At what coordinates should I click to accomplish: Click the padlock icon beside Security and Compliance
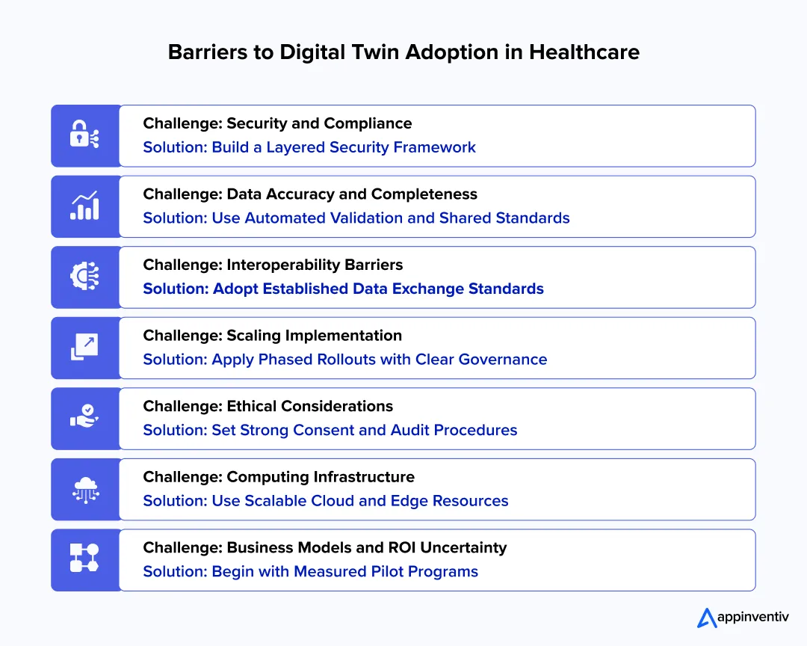[x=84, y=135]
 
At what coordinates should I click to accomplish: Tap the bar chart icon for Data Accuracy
[x=84, y=206]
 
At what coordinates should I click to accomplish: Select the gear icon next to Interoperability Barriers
[x=84, y=277]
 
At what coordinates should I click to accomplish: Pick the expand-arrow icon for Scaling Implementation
[x=84, y=348]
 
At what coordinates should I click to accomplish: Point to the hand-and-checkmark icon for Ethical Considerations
[x=84, y=418]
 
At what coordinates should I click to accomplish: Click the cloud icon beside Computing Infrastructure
[x=84, y=489]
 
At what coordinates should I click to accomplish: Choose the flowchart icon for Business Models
[x=84, y=559]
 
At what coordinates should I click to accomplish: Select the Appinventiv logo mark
[x=707, y=617]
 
